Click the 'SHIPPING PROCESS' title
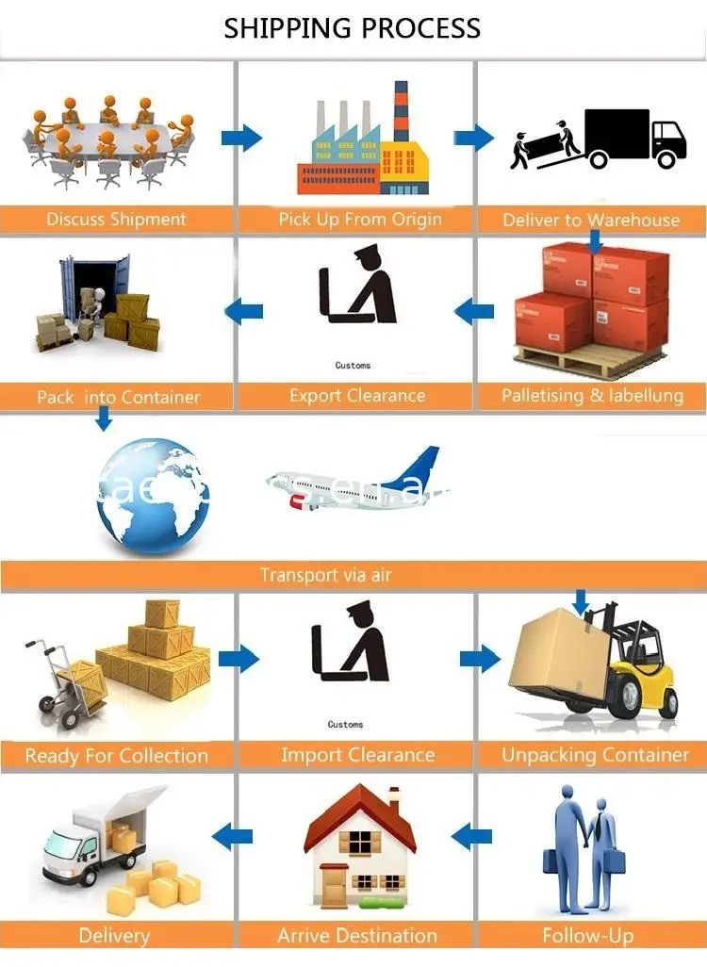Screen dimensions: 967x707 tap(353, 28)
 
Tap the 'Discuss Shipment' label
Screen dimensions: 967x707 tap(117, 220)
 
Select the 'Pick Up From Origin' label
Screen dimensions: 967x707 tap(359, 220)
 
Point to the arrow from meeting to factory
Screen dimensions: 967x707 tap(241, 139)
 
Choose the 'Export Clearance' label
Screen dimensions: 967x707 tap(357, 396)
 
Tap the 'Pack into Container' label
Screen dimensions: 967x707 tap(118, 397)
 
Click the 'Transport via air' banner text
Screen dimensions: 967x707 tap(325, 575)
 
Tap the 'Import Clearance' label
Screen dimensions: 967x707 tap(357, 755)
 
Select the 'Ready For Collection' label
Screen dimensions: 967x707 tap(117, 756)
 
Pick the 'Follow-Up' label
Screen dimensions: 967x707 tap(588, 936)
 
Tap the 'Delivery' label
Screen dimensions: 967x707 tap(114, 936)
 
